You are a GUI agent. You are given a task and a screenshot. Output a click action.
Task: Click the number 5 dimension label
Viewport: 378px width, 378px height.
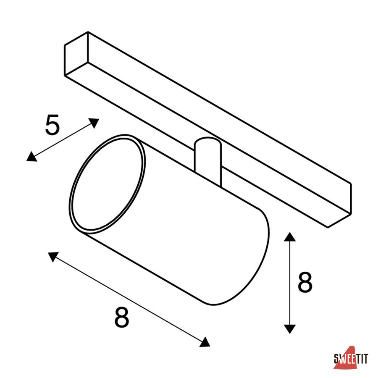pos(52,125)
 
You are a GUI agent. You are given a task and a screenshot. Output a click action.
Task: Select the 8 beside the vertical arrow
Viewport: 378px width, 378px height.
pos(305,282)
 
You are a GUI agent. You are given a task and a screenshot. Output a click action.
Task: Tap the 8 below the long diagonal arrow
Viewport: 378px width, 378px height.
pos(122,317)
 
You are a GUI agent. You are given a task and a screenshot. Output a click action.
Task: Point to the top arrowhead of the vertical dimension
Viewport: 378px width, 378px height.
pos(289,237)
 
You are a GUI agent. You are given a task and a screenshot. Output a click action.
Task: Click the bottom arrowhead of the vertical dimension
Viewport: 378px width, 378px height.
pos(289,329)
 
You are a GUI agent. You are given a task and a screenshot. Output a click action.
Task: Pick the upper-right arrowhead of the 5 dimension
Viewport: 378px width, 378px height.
pos(94,123)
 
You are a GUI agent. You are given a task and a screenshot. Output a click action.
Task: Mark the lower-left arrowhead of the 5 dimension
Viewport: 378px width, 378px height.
pos(31,157)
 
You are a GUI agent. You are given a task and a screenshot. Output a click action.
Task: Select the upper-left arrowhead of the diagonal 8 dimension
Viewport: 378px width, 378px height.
pos(53,256)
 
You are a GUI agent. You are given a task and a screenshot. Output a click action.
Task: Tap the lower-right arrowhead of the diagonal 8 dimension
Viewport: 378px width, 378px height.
pos(205,342)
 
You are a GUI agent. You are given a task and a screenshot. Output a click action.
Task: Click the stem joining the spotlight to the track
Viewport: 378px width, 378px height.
pos(207,162)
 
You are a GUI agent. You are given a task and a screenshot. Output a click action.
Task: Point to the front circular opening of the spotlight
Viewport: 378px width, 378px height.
pos(107,184)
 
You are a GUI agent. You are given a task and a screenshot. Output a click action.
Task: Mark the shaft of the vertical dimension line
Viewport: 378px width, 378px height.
pos(289,283)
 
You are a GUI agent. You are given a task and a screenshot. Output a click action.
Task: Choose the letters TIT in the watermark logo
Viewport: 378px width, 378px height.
pos(362,359)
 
